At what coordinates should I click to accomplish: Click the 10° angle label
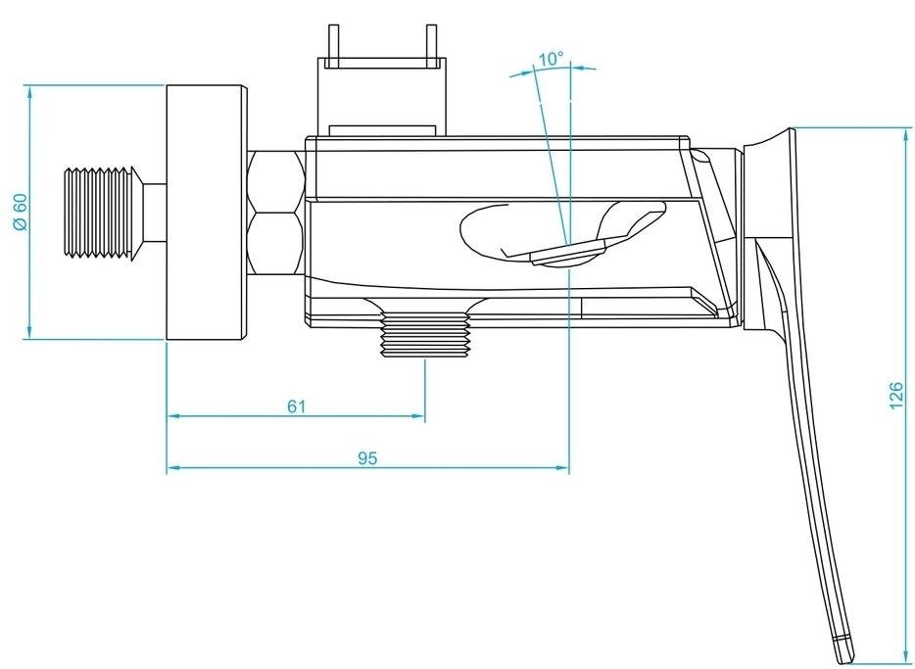pos(551,60)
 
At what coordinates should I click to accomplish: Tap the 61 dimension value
pos(297,406)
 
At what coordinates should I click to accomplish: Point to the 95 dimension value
pos(367,457)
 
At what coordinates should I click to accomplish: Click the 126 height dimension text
pos(894,397)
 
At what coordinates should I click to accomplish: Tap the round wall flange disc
pos(205,213)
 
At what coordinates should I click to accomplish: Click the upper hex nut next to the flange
pos(277,178)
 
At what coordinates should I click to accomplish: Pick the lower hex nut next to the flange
pos(277,245)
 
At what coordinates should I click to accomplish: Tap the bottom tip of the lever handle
pos(842,649)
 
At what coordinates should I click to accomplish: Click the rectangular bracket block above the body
pos(383,93)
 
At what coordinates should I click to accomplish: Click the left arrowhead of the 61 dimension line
pos(172,417)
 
